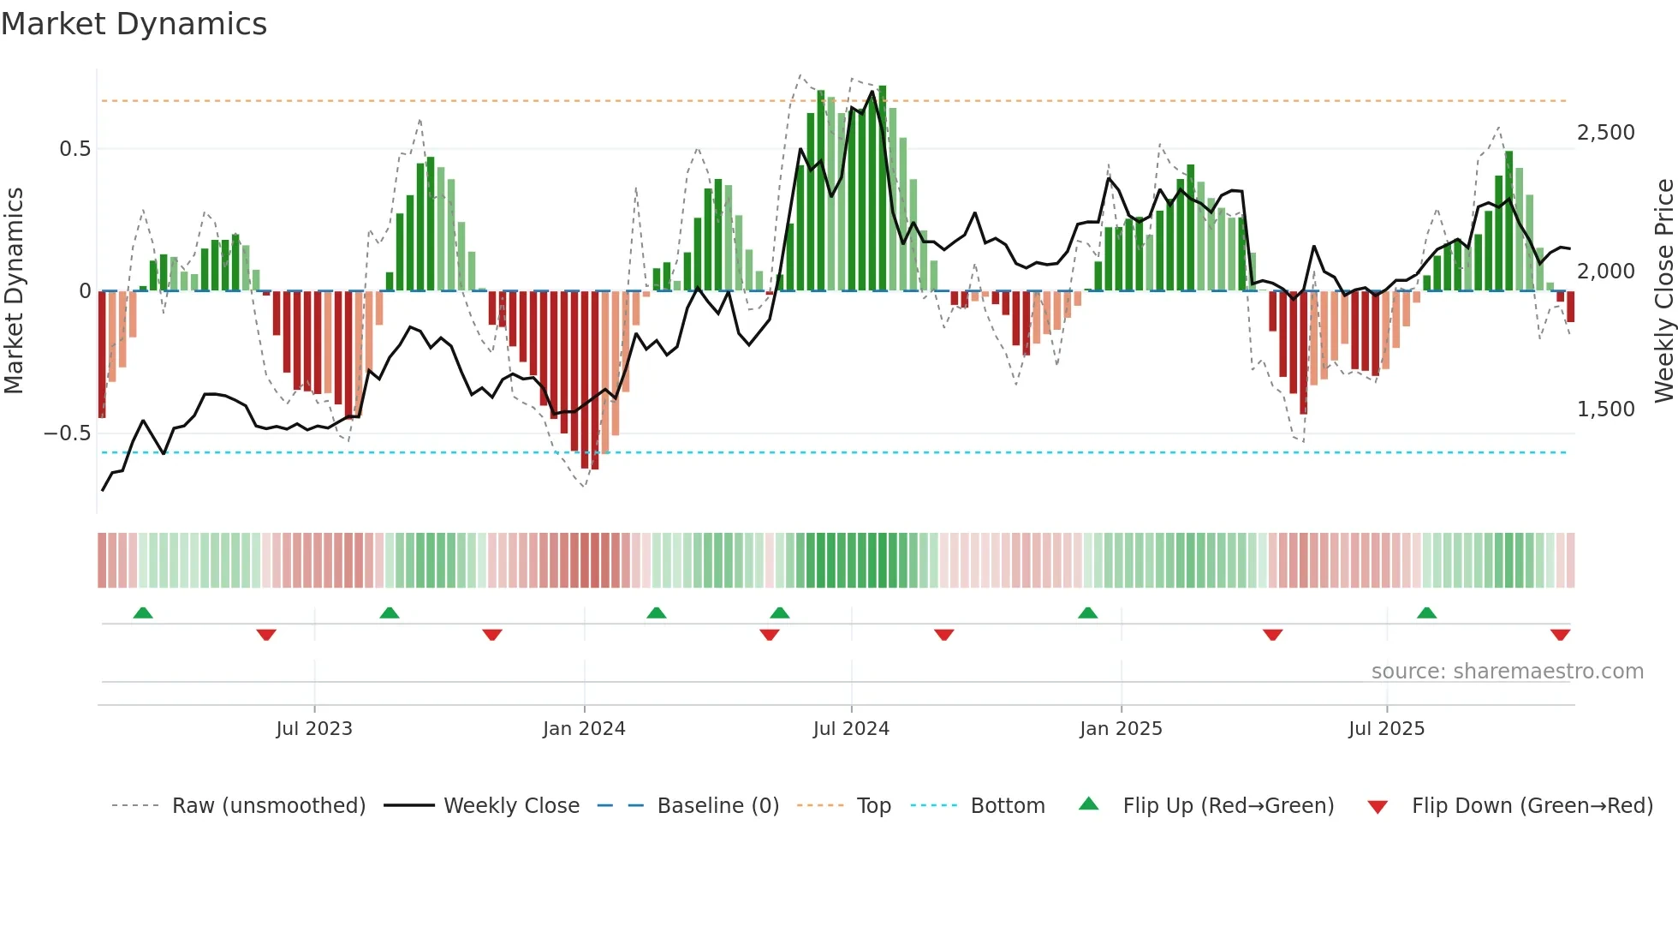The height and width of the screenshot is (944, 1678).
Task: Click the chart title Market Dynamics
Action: point(134,24)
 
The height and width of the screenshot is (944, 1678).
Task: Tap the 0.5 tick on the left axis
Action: point(74,149)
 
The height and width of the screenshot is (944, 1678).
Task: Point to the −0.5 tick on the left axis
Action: point(67,433)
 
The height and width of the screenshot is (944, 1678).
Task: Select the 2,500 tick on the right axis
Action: point(1605,133)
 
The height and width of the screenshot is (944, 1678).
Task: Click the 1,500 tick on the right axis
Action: point(1605,409)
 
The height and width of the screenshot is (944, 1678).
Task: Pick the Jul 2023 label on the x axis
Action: point(314,729)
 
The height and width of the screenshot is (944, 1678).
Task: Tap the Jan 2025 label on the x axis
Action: point(1121,729)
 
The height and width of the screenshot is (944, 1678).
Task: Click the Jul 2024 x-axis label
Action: point(851,729)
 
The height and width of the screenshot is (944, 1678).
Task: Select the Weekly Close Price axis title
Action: point(1663,291)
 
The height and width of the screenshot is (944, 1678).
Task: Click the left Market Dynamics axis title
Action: point(15,291)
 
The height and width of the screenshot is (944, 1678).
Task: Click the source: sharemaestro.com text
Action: point(1507,672)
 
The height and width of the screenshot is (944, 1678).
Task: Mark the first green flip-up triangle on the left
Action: point(143,613)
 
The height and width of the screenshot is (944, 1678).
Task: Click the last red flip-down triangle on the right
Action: point(1560,635)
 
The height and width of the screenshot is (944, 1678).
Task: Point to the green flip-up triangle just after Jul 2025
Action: point(1426,613)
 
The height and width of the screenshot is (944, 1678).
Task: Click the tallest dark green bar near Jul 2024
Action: point(883,188)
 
